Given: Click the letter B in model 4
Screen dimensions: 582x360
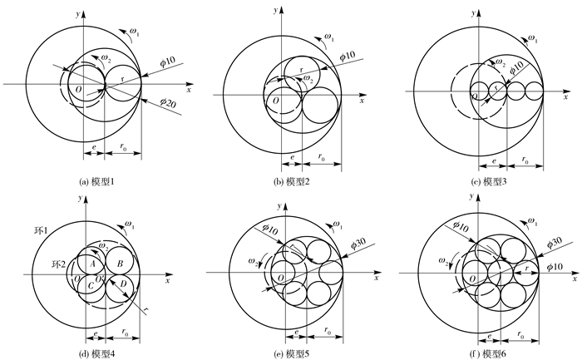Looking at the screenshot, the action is [x=121, y=264].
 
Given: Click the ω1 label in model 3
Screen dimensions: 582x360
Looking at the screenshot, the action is [x=533, y=39].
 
